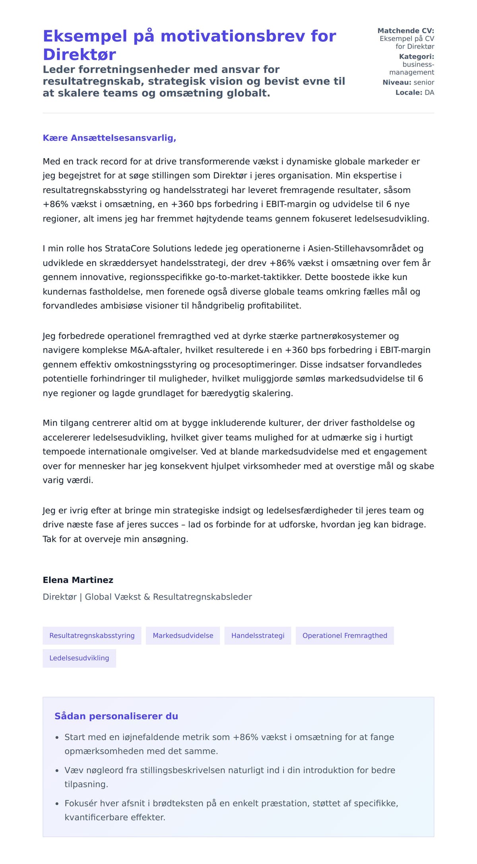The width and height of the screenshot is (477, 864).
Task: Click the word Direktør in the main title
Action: [79, 54]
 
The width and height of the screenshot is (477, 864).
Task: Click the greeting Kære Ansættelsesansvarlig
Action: [109, 138]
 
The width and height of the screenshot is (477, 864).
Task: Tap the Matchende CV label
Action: [405, 31]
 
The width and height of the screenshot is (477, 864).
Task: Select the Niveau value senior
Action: [424, 82]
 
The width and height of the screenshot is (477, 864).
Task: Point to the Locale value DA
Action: [429, 93]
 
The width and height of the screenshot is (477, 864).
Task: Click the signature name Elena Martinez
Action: [78, 580]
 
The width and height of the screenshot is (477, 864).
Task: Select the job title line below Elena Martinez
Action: [147, 597]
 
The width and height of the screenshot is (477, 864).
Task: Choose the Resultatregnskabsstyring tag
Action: [92, 635]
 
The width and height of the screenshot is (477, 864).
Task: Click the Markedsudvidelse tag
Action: [183, 635]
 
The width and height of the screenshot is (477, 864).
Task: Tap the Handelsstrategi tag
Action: [258, 635]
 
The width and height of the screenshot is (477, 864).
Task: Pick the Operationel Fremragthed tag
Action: [345, 635]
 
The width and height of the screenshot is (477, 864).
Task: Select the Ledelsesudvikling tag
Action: [79, 658]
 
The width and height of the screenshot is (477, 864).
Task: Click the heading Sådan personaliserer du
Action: [116, 716]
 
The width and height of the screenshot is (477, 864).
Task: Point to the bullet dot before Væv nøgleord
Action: [57, 771]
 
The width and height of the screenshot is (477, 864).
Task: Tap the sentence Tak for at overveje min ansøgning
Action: [115, 539]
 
